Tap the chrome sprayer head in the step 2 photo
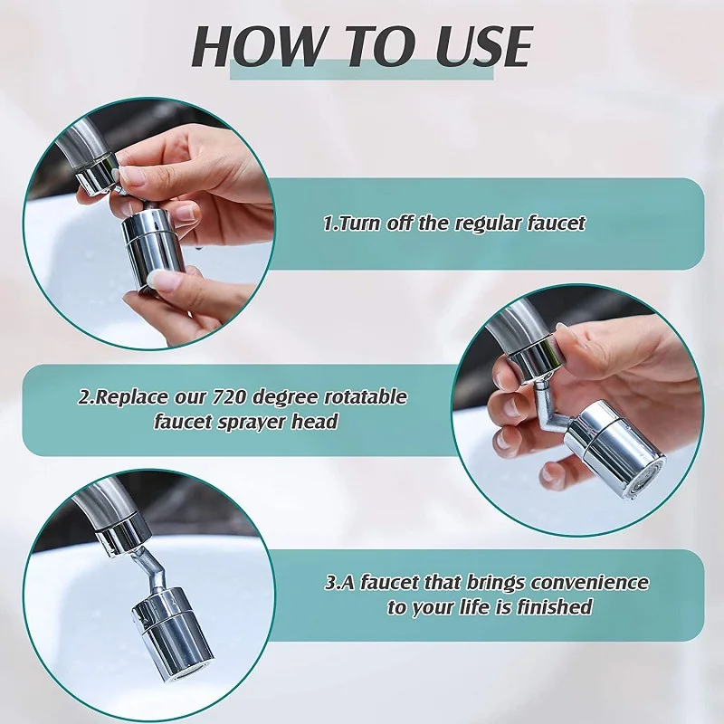pos(615,447)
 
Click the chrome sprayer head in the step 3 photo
pos(174,638)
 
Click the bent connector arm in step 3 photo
pos(148,568)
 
